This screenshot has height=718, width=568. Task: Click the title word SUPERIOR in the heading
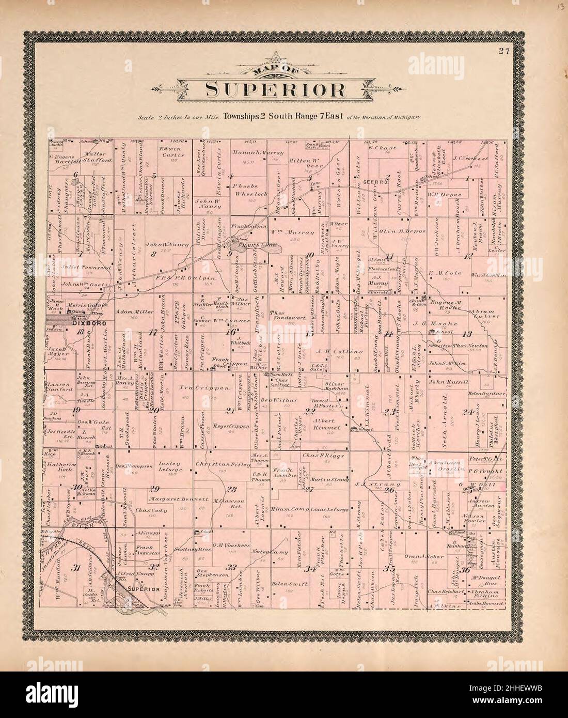point(276,89)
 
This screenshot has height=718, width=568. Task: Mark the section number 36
point(466,570)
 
